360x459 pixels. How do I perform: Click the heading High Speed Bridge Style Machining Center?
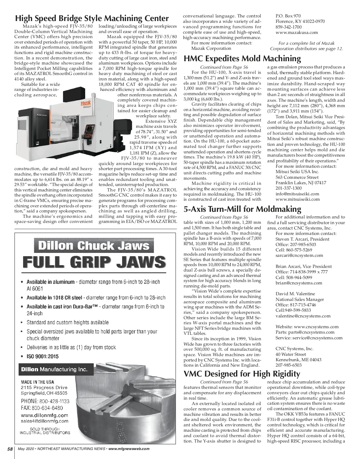(92, 18)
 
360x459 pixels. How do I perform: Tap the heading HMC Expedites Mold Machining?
(242, 58)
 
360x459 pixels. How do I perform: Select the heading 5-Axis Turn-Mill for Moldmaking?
(242, 209)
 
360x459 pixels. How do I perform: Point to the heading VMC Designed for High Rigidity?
(241, 374)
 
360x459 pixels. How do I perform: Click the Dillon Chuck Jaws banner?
(94, 246)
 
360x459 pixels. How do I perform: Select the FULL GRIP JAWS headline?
(94, 262)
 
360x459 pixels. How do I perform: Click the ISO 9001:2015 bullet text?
(43, 356)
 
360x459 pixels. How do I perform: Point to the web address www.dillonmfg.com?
(44, 415)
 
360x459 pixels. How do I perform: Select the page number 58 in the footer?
(10, 449)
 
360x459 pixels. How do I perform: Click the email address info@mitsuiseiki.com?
(297, 194)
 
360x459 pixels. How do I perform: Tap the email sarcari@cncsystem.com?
(299, 256)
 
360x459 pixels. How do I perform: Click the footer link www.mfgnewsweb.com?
(129, 449)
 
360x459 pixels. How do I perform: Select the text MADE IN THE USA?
(37, 382)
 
